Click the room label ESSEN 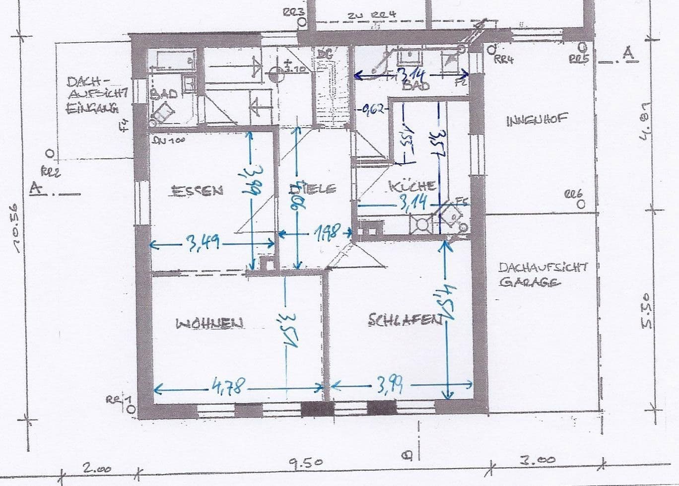[x=197, y=190]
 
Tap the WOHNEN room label [x=210, y=323]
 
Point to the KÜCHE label [x=412, y=186]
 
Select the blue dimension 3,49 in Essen [x=203, y=243]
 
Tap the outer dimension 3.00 [x=537, y=461]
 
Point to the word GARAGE [x=530, y=282]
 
